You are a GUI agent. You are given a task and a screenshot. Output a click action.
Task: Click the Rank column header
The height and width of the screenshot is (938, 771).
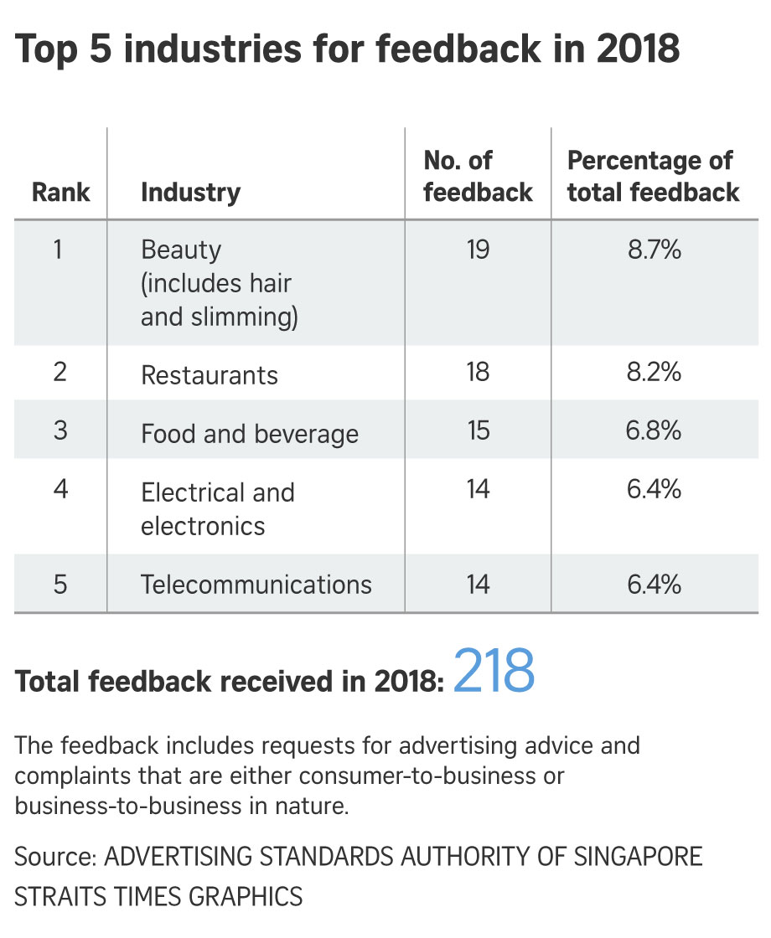(x=60, y=193)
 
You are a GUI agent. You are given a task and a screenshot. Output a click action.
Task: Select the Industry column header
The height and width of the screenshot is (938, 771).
(x=190, y=193)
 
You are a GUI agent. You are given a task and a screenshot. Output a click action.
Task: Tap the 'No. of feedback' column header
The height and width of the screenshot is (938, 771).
(x=478, y=177)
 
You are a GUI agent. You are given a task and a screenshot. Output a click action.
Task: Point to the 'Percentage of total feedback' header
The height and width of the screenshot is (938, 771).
(x=653, y=177)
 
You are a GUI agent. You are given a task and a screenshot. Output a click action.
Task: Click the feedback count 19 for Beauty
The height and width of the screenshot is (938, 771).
(x=478, y=250)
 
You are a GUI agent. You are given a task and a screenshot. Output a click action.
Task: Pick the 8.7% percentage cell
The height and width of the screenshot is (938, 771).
(x=655, y=250)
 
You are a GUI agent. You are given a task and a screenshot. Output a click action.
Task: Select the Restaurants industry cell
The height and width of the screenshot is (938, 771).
(x=210, y=374)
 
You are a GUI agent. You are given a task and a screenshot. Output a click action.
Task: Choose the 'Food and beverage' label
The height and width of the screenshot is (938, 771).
(x=250, y=434)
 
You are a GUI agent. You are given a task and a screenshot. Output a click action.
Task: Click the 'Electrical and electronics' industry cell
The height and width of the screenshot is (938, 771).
(x=218, y=508)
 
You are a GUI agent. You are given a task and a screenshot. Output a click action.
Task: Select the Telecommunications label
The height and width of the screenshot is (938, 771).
(x=256, y=584)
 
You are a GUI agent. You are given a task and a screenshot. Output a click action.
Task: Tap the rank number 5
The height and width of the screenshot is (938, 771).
(x=60, y=584)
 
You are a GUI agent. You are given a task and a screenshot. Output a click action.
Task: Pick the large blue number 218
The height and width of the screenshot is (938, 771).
(x=494, y=672)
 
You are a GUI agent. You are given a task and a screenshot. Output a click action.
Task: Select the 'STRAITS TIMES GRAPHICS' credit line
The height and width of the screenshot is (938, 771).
(x=158, y=896)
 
